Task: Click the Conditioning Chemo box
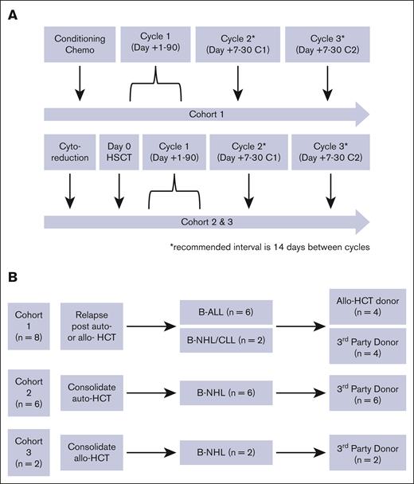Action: coord(80,45)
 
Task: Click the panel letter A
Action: coord(14,14)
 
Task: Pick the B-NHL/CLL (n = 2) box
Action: coord(226,342)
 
